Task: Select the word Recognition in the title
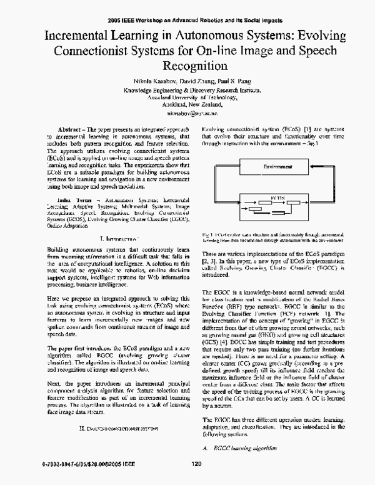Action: point(187,64)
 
